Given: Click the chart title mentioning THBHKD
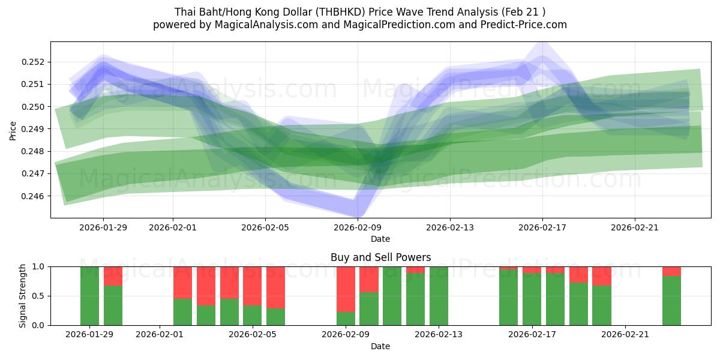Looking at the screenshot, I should tap(360, 12).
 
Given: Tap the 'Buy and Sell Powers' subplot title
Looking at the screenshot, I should tap(380, 257).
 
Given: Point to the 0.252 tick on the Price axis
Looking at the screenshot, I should tap(35, 62).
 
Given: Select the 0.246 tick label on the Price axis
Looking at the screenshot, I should tap(35, 196).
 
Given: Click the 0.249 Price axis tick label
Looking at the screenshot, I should tap(35, 129).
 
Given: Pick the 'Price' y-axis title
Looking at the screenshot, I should tap(13, 130).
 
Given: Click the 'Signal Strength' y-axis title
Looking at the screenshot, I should tap(23, 296).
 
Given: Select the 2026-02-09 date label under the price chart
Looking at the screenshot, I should tap(358, 227).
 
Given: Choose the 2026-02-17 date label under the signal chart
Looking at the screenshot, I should tap(532, 334).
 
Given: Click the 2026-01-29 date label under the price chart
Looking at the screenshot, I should tap(103, 227).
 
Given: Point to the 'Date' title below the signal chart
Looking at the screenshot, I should tap(380, 346).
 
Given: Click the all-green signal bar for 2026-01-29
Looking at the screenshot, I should tap(89, 296).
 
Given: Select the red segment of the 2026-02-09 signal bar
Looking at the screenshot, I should tap(346, 289).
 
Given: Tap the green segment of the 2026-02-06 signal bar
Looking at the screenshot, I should tap(275, 317).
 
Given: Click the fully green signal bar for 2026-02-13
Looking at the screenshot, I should tap(439, 296).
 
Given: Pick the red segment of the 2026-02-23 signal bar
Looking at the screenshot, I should tap(671, 271).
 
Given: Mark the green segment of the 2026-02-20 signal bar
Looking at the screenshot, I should tap(602, 305).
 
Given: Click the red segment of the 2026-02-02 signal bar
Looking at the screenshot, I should tap(182, 283).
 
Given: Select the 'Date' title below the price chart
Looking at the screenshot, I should tap(380, 239).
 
